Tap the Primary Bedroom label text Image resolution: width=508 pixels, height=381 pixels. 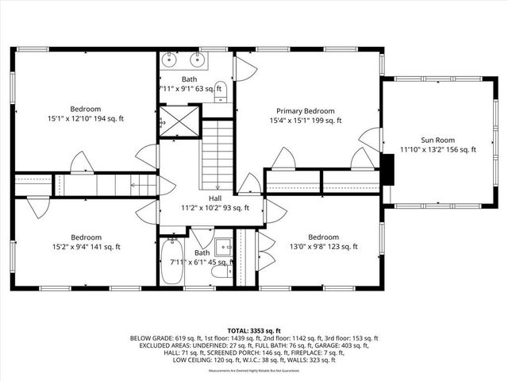[305, 111]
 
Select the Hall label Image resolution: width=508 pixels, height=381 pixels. [215, 198]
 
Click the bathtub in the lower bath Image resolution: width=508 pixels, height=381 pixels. [171, 266]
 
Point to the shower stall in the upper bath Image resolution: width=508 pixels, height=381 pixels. [176, 124]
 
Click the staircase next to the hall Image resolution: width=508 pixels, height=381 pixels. [216, 151]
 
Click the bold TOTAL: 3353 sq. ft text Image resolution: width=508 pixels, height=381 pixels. [254, 329]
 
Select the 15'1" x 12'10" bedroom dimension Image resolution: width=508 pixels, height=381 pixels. [86, 118]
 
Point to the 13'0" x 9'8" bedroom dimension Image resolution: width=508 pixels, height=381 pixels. [323, 247]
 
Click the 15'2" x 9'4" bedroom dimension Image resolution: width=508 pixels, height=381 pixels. [86, 247]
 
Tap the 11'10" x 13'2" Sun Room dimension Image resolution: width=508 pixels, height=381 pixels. [439, 149]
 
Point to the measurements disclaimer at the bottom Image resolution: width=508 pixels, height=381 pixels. [254, 371]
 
